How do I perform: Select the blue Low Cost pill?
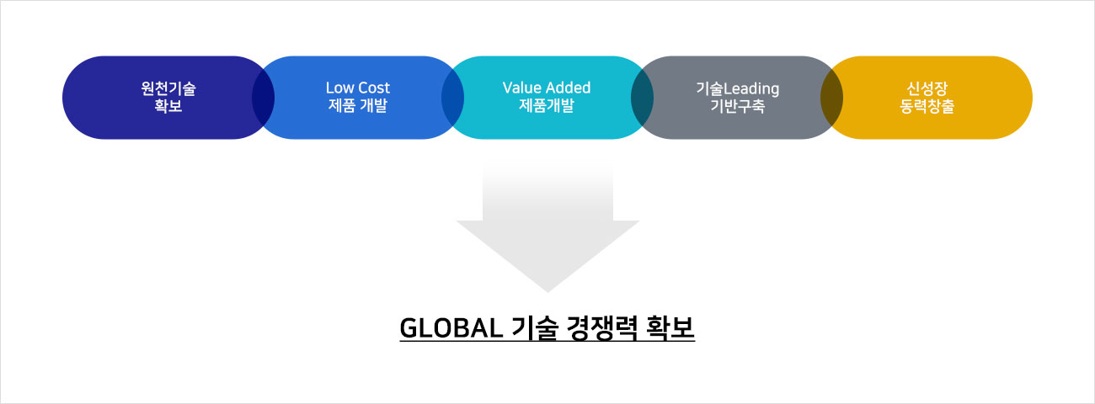[x=358, y=98]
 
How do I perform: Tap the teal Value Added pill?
[x=547, y=98]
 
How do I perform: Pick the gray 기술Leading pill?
[x=737, y=98]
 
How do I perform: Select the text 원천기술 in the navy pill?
[x=168, y=88]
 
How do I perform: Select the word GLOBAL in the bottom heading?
[x=451, y=327]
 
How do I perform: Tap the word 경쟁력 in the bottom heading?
[x=601, y=327]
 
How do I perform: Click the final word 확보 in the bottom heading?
[x=670, y=327]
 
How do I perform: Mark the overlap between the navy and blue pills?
[x=263, y=98]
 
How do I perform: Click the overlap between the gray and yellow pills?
[x=832, y=98]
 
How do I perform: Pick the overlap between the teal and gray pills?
[x=643, y=98]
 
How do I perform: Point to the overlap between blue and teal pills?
[x=452, y=98]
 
